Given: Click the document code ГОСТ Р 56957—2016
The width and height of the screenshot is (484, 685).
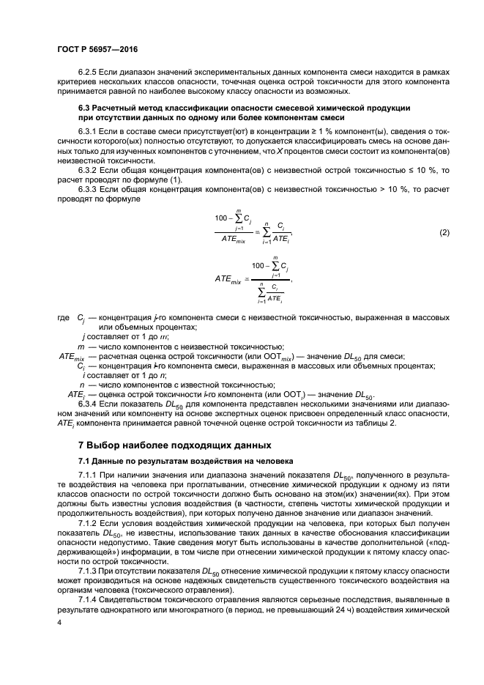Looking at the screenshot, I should (97, 49).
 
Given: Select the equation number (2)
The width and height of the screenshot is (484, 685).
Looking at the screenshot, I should (444, 232).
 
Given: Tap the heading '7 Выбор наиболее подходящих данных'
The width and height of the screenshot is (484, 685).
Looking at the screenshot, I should (175, 445).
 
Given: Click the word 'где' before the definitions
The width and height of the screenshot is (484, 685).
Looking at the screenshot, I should (64, 319).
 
